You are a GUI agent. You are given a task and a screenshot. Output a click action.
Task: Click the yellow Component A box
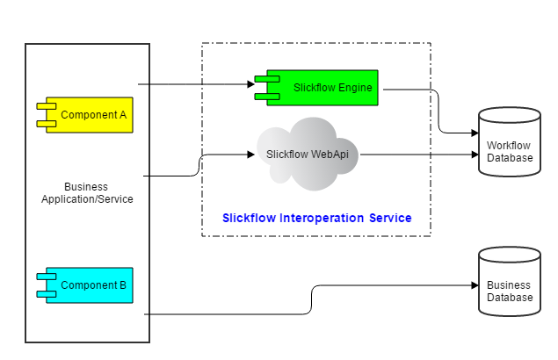tap(88, 115)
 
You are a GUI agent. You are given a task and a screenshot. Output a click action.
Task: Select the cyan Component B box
tap(88, 285)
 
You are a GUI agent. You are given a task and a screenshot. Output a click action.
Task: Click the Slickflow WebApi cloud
tap(308, 156)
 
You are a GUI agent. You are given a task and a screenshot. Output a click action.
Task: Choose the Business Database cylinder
tap(509, 280)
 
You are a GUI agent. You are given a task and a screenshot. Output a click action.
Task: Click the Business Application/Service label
tap(87, 193)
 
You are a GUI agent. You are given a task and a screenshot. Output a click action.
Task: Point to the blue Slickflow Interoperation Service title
tap(316, 217)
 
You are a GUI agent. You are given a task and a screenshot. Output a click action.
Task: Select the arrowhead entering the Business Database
tap(473, 285)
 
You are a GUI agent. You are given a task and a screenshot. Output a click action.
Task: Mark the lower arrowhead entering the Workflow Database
tap(473, 155)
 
